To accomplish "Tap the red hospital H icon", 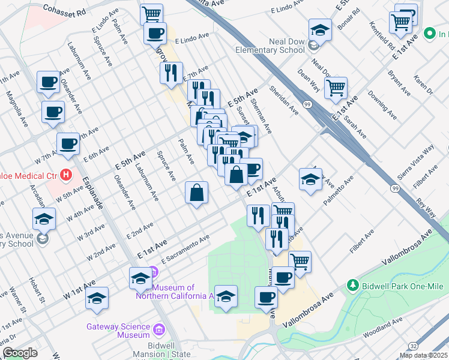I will [67, 175].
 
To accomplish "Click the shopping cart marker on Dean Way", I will [336, 88].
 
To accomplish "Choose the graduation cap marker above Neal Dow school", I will [320, 29].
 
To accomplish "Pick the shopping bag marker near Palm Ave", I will [196, 193].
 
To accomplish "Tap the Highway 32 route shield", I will [414, 346].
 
